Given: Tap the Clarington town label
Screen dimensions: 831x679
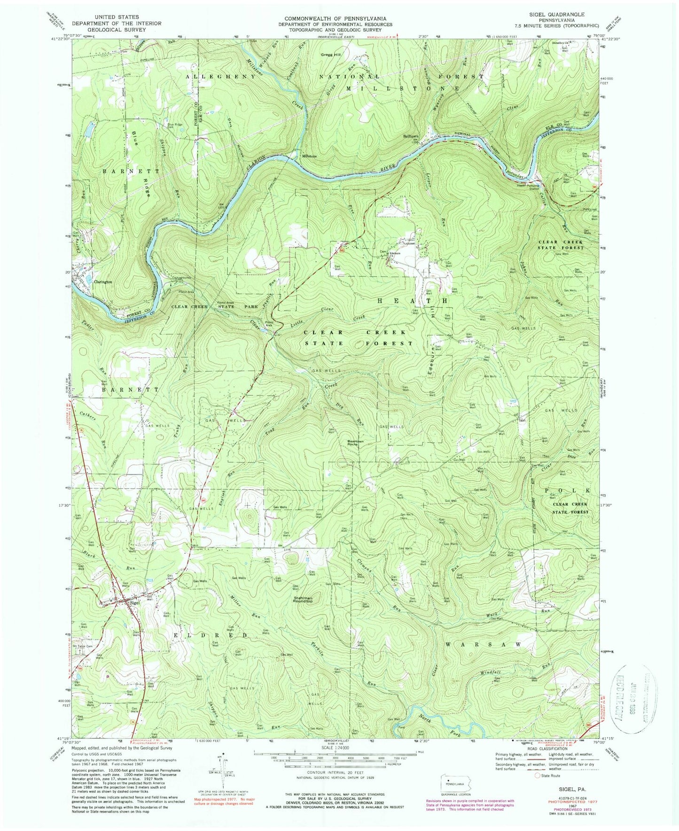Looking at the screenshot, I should point(103,282).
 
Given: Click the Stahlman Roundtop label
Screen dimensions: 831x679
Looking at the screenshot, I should point(303,600).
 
